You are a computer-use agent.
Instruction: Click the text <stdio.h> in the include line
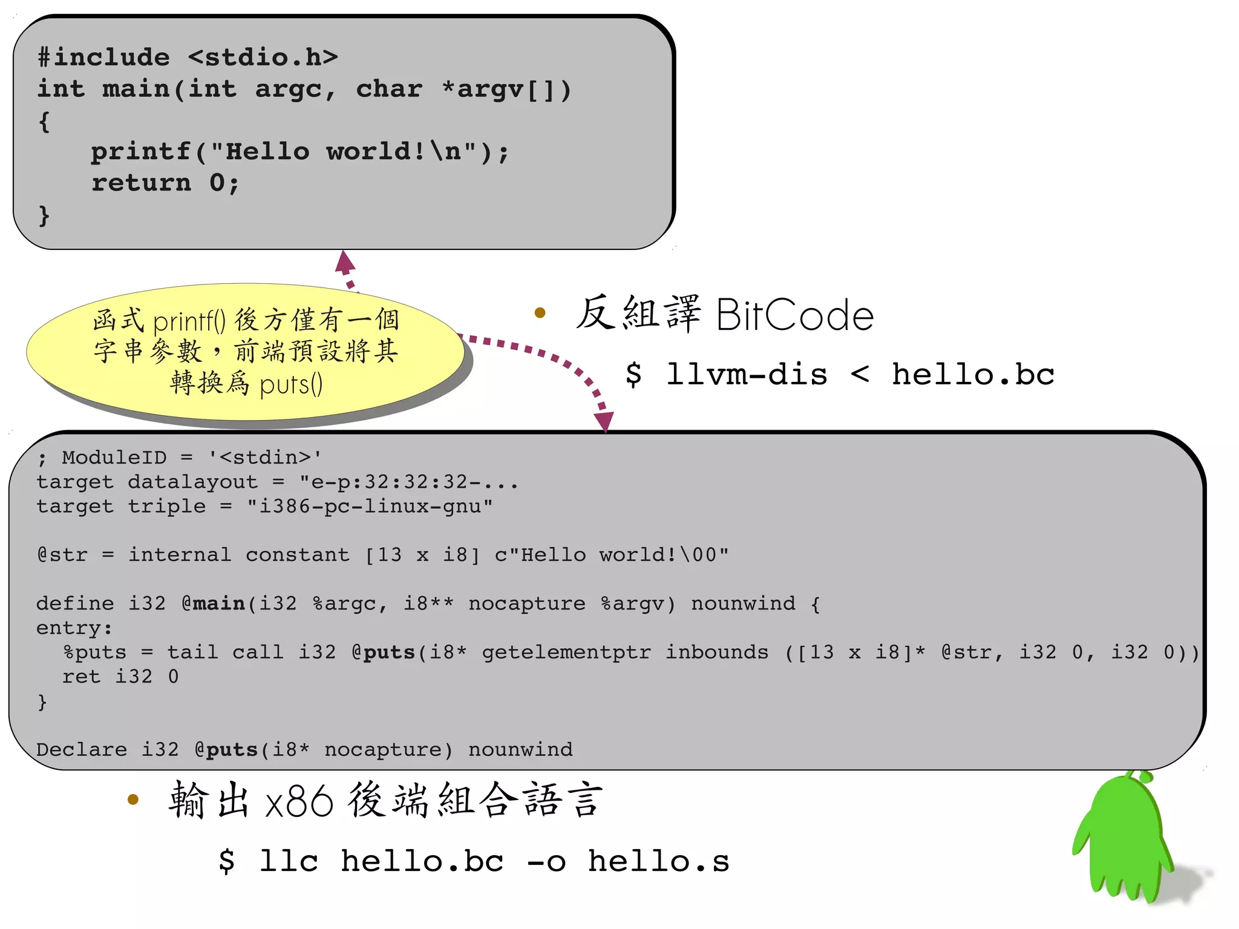pos(263,57)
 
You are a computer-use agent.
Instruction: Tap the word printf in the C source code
pos(140,151)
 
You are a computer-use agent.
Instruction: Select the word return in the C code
pos(140,183)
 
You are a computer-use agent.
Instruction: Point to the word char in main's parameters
pos(388,89)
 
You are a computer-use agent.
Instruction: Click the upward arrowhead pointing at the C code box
pos(345,261)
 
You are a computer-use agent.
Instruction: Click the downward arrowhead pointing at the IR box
pos(604,421)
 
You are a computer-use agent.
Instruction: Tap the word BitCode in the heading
pos(795,315)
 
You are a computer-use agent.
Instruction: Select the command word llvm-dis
pos(747,375)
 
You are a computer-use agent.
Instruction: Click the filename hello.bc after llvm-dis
pos(973,375)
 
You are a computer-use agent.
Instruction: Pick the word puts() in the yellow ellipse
pos(291,384)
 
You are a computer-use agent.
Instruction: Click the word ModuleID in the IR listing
pos(114,458)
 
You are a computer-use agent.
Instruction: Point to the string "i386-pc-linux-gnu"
pos(370,506)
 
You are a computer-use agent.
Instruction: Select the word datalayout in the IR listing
pos(192,482)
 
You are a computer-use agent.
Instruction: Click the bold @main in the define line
pos(213,603)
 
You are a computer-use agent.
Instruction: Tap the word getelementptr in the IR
pos(566,652)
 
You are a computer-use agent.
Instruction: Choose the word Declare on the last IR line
pos(82,750)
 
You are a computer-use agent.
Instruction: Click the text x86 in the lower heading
pos(299,801)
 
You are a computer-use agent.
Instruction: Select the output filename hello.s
pos(659,861)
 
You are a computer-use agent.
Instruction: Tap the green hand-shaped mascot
pos(1124,841)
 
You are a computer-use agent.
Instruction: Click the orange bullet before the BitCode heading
pos(540,313)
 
